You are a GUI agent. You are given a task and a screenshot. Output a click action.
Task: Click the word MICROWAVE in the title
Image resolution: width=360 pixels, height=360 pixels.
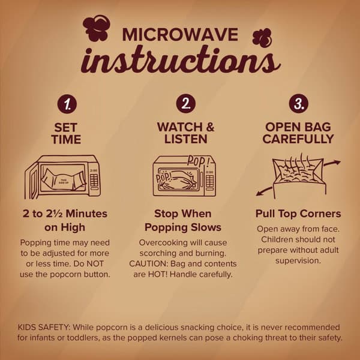click(x=180, y=35)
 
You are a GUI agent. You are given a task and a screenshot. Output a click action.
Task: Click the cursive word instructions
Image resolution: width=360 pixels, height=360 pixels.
click(x=181, y=60)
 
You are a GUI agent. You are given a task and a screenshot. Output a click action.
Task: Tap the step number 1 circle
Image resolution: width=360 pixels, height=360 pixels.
click(x=67, y=104)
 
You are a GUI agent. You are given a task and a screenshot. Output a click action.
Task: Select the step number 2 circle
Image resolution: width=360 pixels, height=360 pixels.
click(x=186, y=104)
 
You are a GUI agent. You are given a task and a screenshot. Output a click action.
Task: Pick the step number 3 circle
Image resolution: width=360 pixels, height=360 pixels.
click(x=298, y=103)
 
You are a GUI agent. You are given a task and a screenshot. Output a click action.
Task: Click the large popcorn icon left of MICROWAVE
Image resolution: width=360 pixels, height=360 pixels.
click(x=97, y=28)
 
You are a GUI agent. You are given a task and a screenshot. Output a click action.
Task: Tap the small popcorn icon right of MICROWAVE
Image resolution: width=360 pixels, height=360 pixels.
click(x=262, y=38)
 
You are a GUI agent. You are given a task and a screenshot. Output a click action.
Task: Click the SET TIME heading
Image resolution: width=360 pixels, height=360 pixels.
click(x=66, y=133)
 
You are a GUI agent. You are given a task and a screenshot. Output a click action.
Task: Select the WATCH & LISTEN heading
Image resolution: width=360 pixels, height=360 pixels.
click(x=186, y=133)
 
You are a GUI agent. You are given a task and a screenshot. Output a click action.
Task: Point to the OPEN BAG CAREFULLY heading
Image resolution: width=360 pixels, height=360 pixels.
click(x=298, y=133)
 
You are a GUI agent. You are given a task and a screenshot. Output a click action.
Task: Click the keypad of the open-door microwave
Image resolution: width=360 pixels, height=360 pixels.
click(x=94, y=180)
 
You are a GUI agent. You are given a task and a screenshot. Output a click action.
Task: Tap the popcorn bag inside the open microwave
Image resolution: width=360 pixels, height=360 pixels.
click(x=64, y=180)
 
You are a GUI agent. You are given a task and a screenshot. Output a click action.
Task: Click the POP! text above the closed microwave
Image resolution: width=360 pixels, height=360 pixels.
click(x=198, y=161)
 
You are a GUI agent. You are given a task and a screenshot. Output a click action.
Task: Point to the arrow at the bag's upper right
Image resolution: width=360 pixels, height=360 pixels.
click(x=332, y=163)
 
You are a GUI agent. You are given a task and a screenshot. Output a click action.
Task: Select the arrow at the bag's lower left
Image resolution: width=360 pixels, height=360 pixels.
click(x=264, y=191)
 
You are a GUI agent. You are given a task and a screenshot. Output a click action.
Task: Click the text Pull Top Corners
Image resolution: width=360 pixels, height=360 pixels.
click(x=298, y=214)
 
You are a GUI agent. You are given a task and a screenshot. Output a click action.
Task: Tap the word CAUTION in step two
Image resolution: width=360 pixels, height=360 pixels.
click(x=148, y=263)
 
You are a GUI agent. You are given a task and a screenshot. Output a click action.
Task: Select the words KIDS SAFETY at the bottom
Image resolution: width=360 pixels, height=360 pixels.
click(x=44, y=327)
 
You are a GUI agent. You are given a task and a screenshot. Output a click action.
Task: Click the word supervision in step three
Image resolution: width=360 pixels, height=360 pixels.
click(x=298, y=261)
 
